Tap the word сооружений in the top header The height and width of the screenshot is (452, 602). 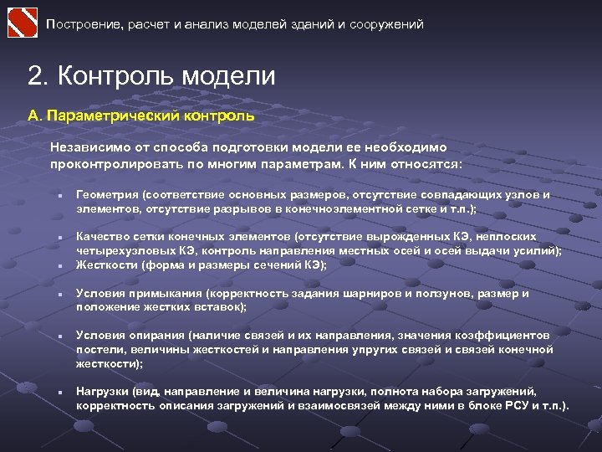(390, 25)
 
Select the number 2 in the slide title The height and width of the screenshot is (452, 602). (34, 77)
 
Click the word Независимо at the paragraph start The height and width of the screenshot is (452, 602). (85, 146)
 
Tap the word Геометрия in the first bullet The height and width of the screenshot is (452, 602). (106, 195)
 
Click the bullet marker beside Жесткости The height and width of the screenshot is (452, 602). (52, 267)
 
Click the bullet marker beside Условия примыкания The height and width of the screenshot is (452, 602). (52, 296)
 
